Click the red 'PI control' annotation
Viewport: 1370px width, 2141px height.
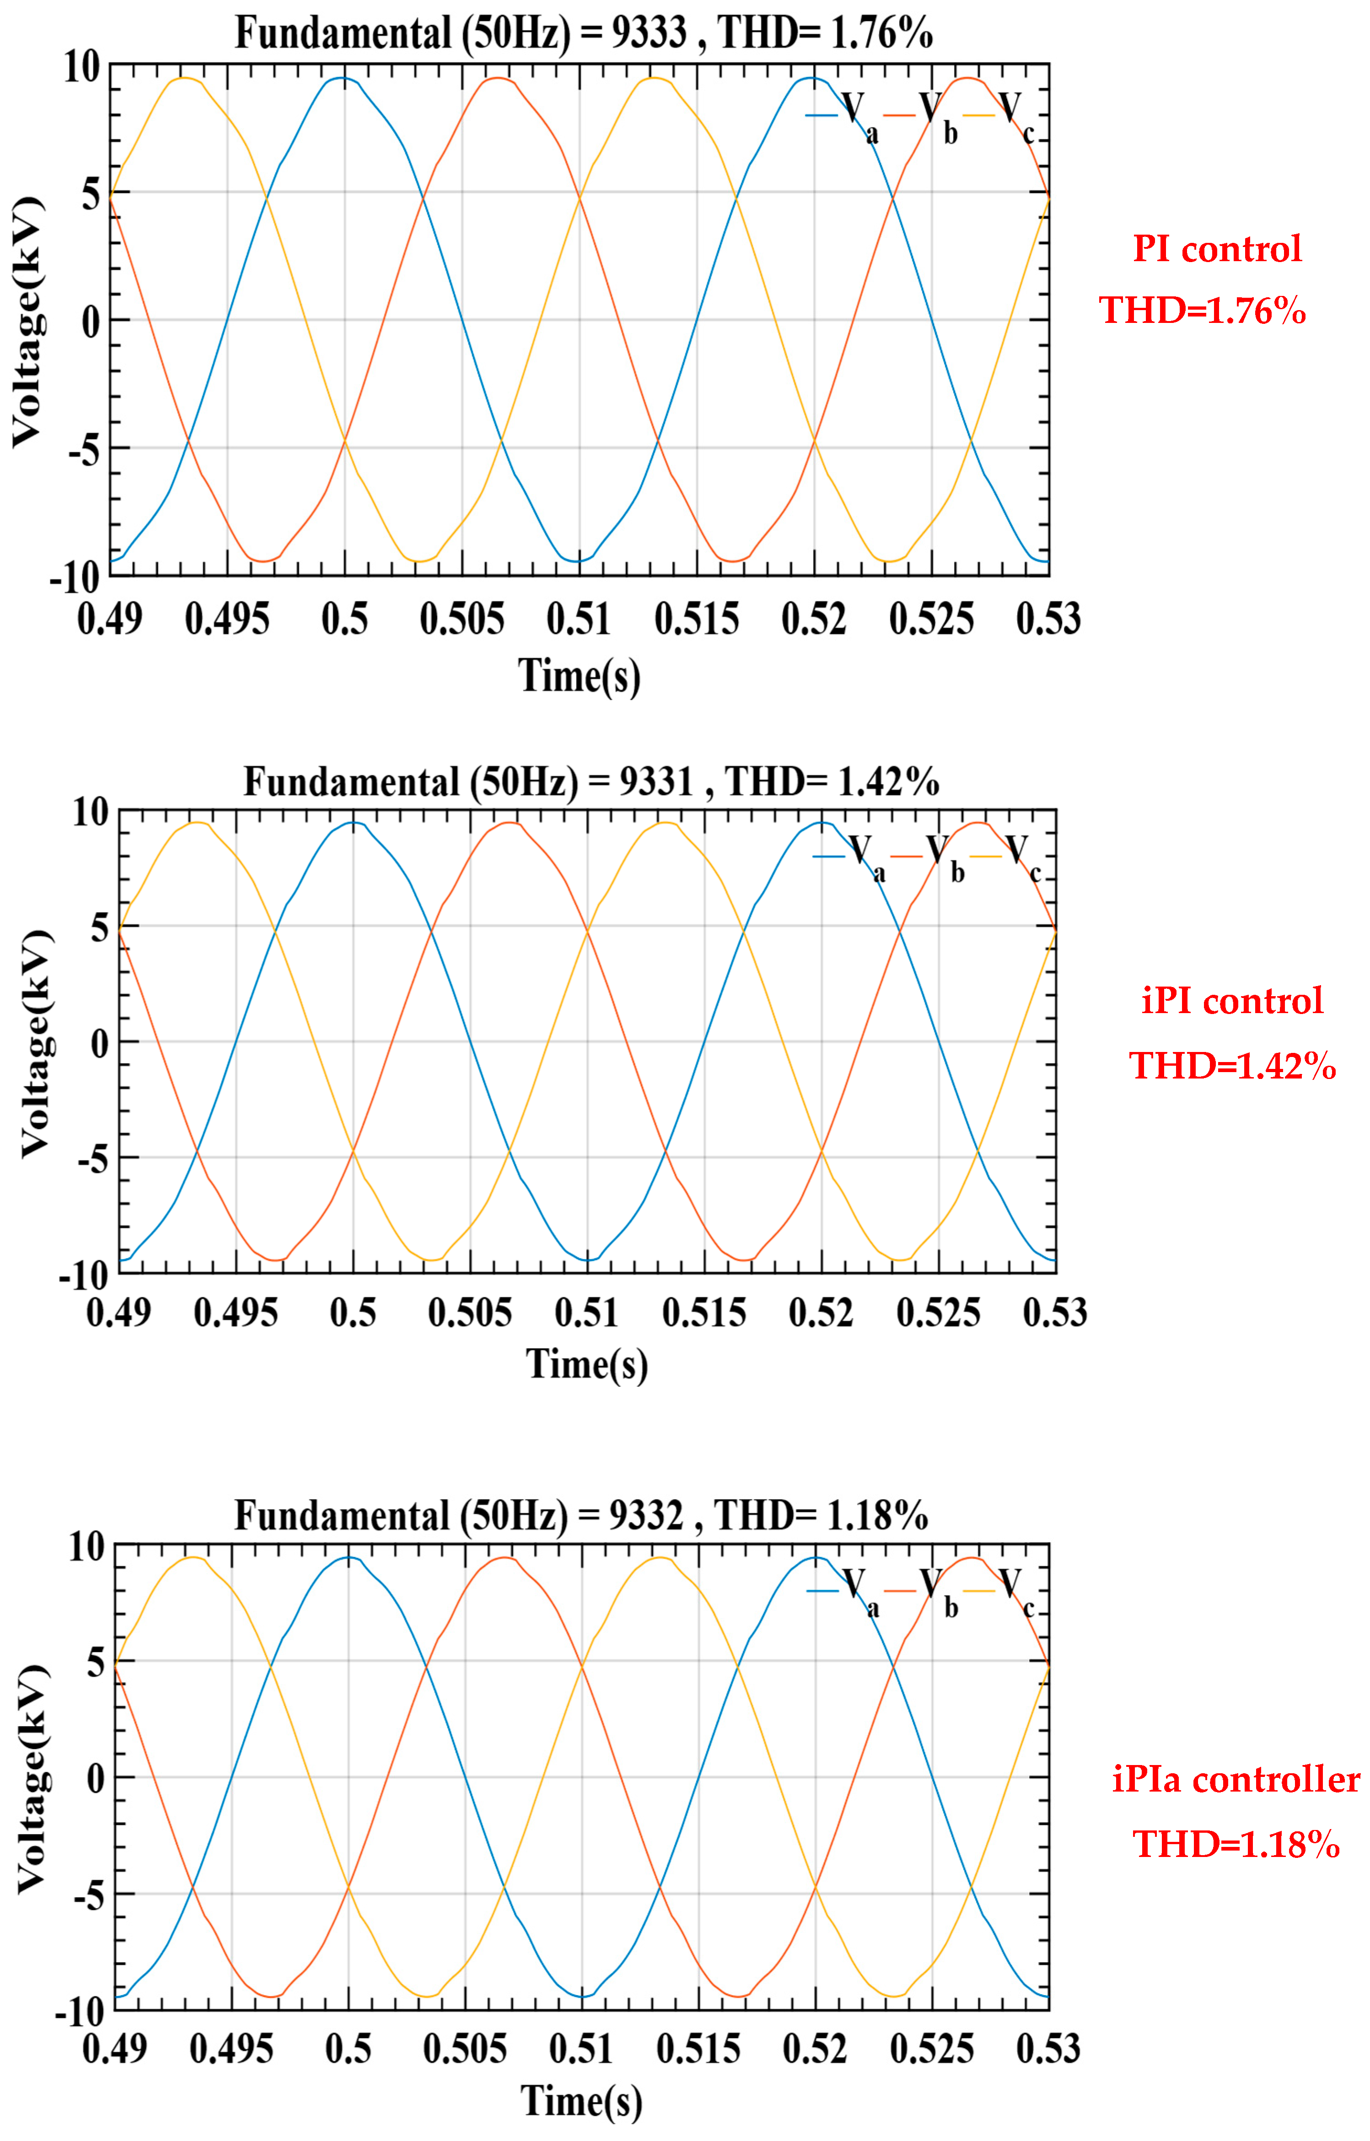[1216, 249]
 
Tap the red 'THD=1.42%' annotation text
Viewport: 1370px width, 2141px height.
[1232, 1065]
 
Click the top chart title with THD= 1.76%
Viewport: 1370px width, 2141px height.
[584, 34]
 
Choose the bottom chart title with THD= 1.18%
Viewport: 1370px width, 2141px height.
[582, 1515]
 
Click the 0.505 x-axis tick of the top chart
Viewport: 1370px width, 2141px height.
[462, 619]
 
